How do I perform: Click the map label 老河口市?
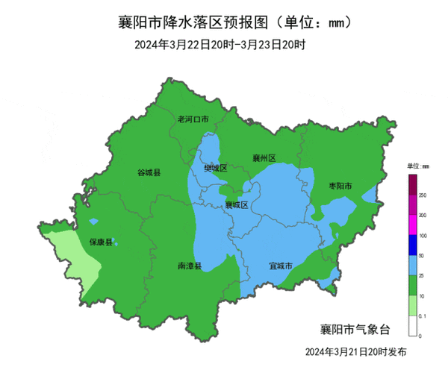pos(193,119)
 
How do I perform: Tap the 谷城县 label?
pos(149,172)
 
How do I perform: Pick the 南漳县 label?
pos(190,266)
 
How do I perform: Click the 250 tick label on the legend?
pos(423,195)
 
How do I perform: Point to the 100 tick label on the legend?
pos(423,236)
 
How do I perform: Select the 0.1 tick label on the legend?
pos(423,317)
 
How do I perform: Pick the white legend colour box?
pos(412,327)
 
